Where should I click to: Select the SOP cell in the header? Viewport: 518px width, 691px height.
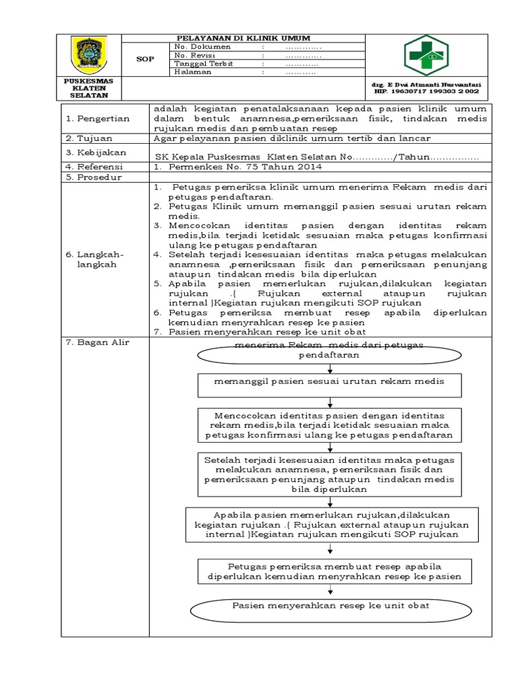coord(145,59)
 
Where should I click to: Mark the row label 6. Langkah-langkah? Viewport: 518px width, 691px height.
coord(96,259)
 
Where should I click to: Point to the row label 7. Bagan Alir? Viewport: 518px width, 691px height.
coord(98,343)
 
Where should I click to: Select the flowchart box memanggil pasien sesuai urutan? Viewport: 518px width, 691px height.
coord(330,383)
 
